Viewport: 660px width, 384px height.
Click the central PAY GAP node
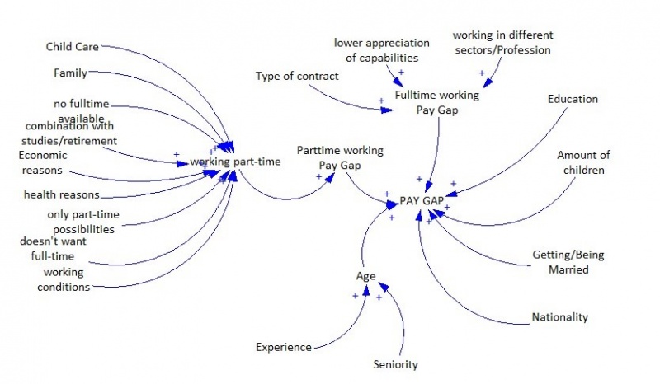coord(420,201)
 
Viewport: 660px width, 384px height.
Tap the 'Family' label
coord(70,73)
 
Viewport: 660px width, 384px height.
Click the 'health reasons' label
coord(61,194)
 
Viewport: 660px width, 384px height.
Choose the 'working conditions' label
coord(66,279)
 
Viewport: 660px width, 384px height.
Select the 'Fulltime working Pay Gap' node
coord(436,102)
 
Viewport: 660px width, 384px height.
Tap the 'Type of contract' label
coord(297,77)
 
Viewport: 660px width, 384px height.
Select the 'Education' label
coord(573,99)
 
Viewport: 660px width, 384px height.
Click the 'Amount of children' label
coord(582,162)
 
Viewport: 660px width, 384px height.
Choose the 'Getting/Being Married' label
coord(568,262)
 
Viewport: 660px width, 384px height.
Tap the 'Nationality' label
coord(560,316)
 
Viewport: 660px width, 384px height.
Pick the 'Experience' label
coord(282,347)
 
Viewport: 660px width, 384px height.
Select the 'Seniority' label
coord(396,364)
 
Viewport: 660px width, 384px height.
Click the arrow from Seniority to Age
coord(401,321)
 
